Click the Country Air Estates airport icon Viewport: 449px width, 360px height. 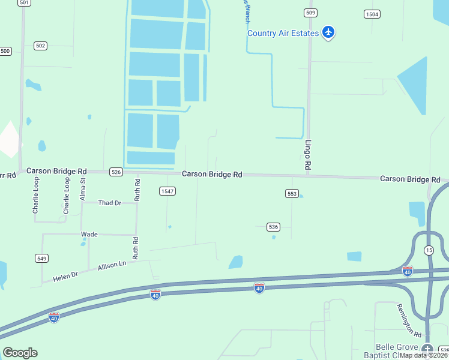[x=328, y=32]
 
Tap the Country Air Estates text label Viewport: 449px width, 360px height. [x=283, y=33]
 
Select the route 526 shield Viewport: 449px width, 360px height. [x=116, y=172]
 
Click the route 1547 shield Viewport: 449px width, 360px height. [x=167, y=191]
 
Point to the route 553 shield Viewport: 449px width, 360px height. [x=292, y=193]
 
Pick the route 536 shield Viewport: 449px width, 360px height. [x=273, y=226]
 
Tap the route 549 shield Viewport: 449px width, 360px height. [x=41, y=259]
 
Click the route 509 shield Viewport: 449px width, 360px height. [x=310, y=12]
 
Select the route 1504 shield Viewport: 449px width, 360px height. [x=372, y=14]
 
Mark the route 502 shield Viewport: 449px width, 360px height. [x=41, y=46]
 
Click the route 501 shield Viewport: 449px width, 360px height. [x=23, y=3]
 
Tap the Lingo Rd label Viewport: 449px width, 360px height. [x=308, y=155]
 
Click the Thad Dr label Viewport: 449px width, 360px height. [x=110, y=203]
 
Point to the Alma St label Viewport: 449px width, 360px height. [x=83, y=188]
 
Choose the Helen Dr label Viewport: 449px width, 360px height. [x=65, y=276]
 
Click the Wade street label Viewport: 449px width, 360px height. [x=89, y=234]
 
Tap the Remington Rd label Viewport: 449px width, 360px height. [x=409, y=320]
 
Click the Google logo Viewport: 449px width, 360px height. [x=20, y=353]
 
